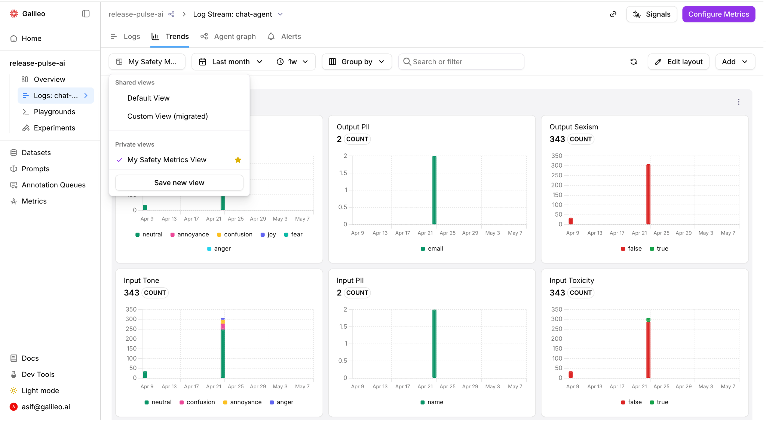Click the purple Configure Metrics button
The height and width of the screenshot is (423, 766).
tap(718, 14)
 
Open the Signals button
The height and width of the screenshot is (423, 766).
tap(652, 14)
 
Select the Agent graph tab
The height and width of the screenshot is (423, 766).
tap(228, 36)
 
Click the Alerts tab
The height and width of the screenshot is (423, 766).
tap(284, 36)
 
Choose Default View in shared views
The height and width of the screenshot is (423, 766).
tap(148, 98)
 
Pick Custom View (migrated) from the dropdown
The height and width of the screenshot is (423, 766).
tap(168, 116)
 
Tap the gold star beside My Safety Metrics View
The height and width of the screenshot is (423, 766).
tap(238, 160)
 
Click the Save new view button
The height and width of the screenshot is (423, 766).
tap(179, 183)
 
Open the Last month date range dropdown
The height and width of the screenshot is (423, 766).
tap(231, 62)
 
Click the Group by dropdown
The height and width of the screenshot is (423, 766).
tap(357, 62)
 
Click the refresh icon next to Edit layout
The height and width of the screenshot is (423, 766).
tap(634, 62)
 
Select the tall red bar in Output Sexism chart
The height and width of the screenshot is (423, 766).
tap(648, 194)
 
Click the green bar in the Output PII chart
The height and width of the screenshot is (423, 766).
tap(434, 190)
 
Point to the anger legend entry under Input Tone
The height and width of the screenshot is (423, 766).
tap(281, 402)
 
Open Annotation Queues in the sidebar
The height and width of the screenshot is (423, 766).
tap(53, 185)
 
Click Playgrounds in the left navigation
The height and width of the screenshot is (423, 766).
tap(54, 112)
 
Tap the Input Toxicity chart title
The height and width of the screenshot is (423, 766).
tap(572, 281)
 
